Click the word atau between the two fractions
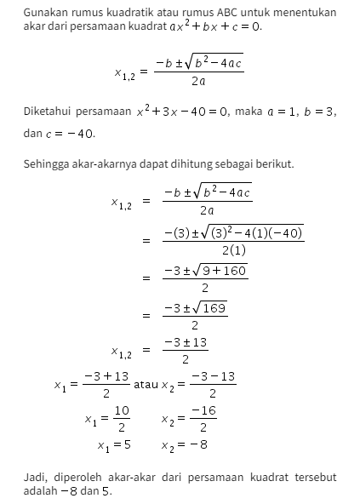tap(146, 384)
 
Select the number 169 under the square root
tap(214, 308)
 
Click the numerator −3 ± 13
tap(186, 342)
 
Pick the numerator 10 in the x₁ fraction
tap(123, 410)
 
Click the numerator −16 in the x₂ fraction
tap(203, 410)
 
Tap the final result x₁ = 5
tap(114, 444)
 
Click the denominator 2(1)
tap(233, 250)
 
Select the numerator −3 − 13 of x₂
tap(213, 376)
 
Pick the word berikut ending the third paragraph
tap(275, 163)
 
